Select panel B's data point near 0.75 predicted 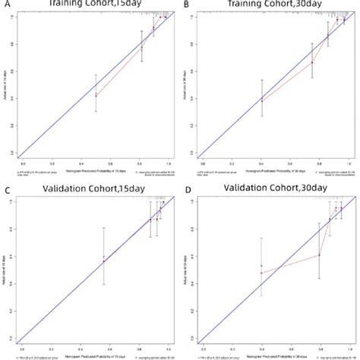312,62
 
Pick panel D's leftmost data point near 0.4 262,273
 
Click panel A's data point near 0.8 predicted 141,48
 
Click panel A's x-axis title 95,169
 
